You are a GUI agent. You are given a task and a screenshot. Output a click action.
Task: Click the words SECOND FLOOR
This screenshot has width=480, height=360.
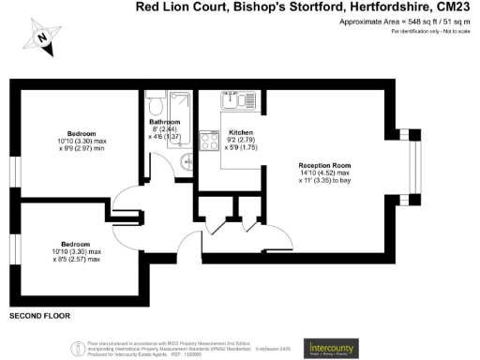(x=35, y=317)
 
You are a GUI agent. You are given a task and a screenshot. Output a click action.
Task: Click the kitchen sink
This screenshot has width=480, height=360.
(x=232, y=97)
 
